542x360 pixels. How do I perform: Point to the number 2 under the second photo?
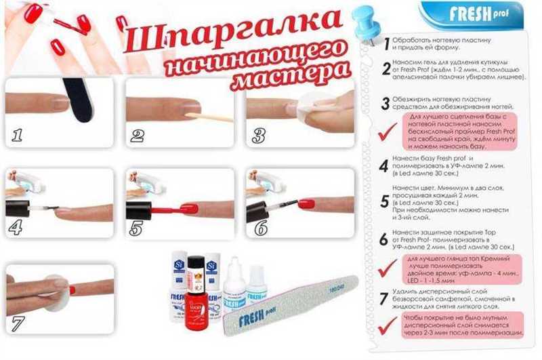(x=138, y=135)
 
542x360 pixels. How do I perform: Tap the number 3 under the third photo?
(x=258, y=135)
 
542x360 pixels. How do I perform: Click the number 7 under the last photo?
(x=16, y=324)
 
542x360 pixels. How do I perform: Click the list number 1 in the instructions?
(x=385, y=43)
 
